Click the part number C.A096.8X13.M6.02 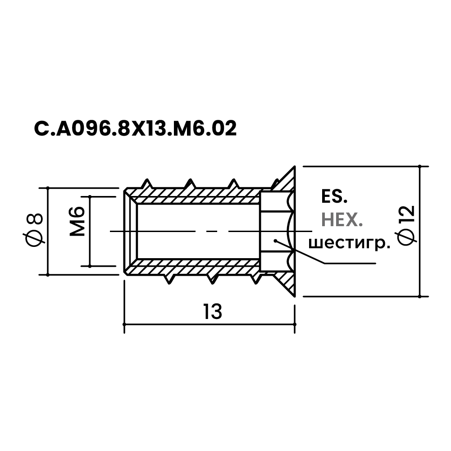(135, 129)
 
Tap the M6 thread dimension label (78, 221)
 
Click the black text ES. (334, 197)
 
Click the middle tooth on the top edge (189, 183)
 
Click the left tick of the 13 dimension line (124, 323)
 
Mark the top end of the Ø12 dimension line (420, 166)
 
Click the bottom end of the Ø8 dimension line (47, 274)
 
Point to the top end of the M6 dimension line (90, 196)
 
